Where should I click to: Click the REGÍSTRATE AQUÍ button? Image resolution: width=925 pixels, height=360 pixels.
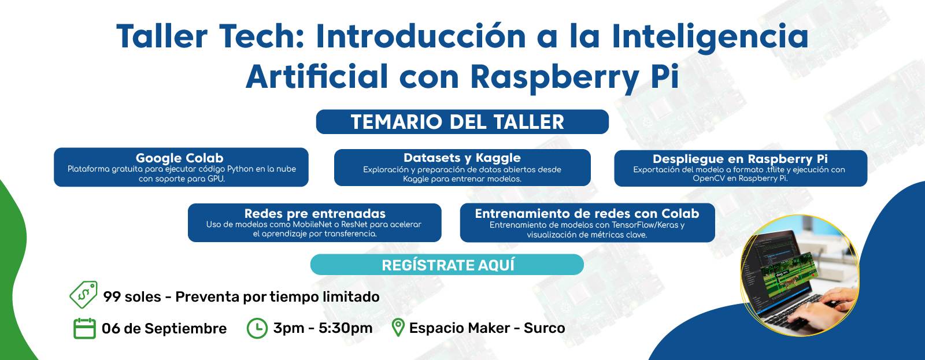pos(447,265)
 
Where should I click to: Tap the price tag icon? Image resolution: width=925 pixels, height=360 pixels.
pos(83,295)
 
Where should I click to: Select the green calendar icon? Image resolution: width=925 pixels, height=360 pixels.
pos(84,328)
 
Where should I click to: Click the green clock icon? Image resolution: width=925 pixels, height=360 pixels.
pos(257,328)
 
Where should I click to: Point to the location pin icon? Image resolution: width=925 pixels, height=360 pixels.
pos(397,328)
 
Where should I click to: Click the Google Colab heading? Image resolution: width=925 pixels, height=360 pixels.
pos(180,158)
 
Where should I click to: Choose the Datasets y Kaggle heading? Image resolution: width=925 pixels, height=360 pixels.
pos(462,158)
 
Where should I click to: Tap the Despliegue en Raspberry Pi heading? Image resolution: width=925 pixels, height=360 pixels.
pos(740,159)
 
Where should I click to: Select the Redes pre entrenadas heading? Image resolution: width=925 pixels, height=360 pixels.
pos(314,213)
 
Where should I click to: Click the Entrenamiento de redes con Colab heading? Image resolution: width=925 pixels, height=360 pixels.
pos(587,213)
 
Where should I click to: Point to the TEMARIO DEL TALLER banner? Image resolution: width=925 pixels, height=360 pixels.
pos(462,122)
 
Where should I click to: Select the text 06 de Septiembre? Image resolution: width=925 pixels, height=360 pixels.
pos(164,329)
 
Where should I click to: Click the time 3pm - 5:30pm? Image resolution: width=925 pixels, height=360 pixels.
pos(323,328)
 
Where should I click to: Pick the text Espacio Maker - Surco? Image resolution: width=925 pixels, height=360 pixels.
pos(487,328)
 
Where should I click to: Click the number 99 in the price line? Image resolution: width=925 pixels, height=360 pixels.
pos(112,297)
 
